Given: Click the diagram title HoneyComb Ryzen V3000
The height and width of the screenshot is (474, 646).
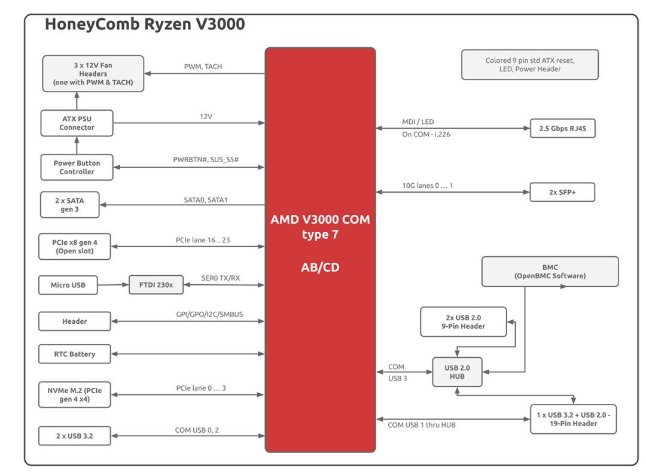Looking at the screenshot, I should tap(145, 25).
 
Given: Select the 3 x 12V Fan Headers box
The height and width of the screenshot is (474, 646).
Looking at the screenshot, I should tap(93, 74).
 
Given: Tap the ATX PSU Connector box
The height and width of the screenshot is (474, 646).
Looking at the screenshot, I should tap(77, 123).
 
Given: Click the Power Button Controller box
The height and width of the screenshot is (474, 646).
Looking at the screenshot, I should tap(77, 167).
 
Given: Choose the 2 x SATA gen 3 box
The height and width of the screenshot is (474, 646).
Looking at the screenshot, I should tap(69, 204).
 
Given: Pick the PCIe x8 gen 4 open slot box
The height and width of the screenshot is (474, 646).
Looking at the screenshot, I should tap(75, 246).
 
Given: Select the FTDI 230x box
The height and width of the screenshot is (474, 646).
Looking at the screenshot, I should tap(156, 285).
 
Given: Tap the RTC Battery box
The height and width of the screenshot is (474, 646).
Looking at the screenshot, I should tap(75, 354).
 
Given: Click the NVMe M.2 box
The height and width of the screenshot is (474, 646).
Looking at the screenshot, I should tap(75, 394).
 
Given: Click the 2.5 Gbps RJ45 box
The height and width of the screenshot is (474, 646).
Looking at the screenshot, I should tap(562, 128).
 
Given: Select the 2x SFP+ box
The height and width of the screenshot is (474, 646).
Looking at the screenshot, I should tap(562, 192).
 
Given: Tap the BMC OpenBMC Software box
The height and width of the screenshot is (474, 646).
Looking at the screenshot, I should tap(550, 272).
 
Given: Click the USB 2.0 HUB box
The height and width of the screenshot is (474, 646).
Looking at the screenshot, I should tap(456, 372).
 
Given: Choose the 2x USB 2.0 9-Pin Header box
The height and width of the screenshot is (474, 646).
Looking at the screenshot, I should tap(463, 322).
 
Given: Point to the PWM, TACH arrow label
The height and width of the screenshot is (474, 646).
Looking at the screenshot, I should tap(203, 66).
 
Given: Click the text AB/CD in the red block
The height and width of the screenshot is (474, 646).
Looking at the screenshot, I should tap(320, 268).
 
